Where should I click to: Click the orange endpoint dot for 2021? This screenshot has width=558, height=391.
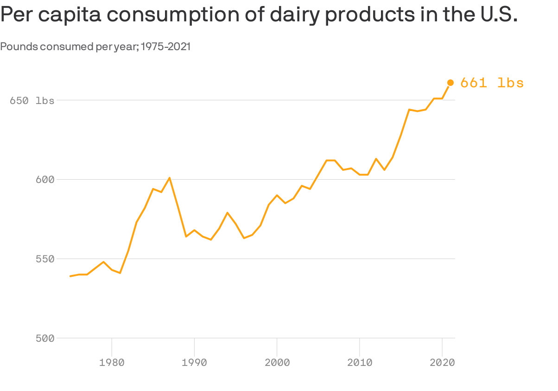pos(450,83)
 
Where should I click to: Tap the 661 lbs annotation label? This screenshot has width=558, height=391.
pos(492,83)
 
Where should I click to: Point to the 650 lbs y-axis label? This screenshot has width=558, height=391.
pos(32,100)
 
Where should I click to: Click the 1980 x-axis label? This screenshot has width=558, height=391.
pos(112,363)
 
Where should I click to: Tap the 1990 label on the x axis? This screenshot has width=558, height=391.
pos(194,363)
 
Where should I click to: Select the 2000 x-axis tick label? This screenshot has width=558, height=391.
pos(277,363)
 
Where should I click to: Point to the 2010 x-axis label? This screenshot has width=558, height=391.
pos(360,363)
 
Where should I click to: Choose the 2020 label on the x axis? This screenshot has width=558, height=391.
pos(442,363)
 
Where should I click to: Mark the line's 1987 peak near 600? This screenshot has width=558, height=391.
pos(170,178)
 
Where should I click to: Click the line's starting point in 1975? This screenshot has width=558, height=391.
pos(70,276)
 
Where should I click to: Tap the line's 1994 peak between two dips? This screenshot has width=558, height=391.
pos(227,213)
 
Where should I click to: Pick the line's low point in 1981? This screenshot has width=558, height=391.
pos(120,273)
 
